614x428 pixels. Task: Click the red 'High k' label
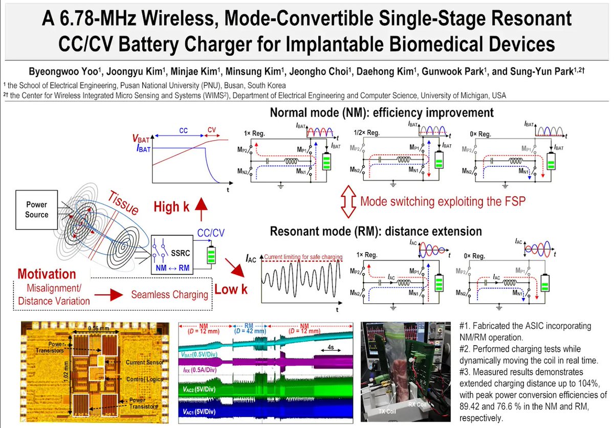(174, 207)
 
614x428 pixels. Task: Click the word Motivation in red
(47, 274)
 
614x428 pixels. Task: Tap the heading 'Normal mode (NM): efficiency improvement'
(382, 112)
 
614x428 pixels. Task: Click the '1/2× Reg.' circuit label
(366, 132)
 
